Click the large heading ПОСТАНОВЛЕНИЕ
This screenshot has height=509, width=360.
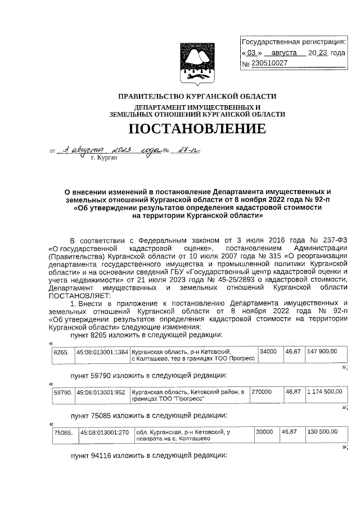[x=197, y=129]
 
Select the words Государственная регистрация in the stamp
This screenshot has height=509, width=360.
[x=294, y=42]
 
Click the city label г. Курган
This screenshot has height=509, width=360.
[x=103, y=159]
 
